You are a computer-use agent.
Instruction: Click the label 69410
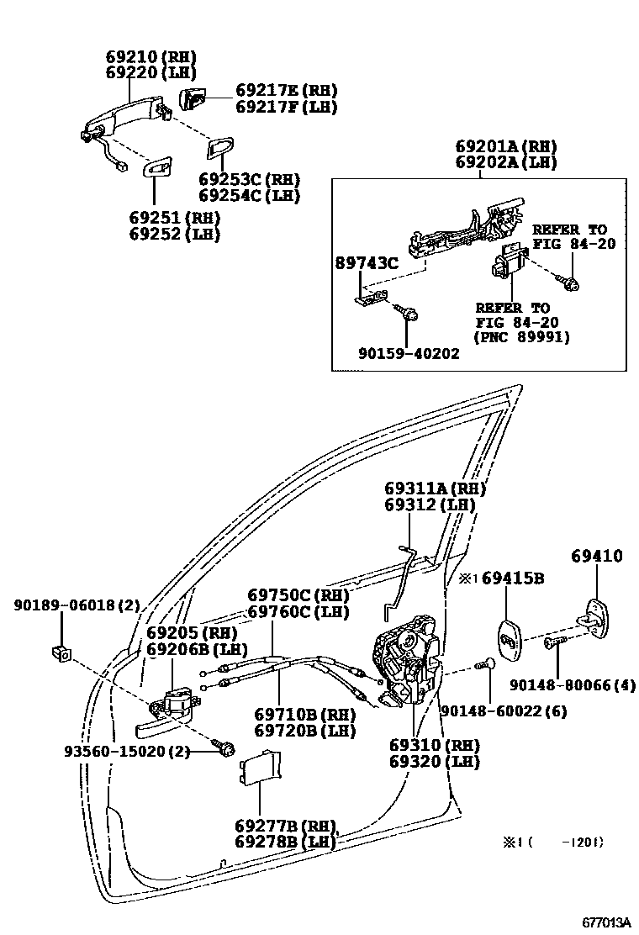point(597,556)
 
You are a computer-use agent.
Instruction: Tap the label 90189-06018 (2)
point(77,605)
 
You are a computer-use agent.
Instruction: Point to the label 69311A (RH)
point(435,489)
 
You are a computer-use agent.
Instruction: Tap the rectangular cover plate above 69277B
point(261,766)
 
